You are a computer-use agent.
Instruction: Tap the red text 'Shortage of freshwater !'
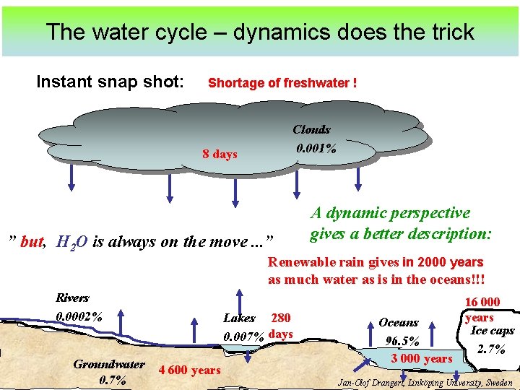282,83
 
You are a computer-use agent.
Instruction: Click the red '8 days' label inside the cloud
220,154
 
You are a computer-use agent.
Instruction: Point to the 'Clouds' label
311,130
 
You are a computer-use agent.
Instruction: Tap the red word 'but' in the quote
32,242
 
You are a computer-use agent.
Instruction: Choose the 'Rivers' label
72,298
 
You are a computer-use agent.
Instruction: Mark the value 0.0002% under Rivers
79,316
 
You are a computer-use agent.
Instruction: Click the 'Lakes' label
239,318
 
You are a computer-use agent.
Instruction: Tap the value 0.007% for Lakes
243,336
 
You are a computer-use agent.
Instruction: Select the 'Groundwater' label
108,364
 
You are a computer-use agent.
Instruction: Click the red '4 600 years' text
188,370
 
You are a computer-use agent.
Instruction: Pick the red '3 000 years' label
422,359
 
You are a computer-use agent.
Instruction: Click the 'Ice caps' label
492,331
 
